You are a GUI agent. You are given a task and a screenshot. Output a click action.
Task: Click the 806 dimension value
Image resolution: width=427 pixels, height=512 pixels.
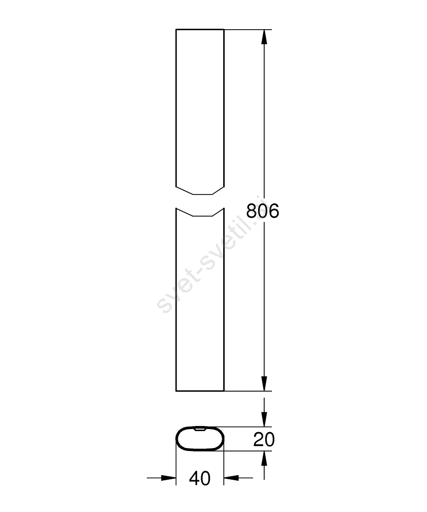pyautogui.click(x=263, y=211)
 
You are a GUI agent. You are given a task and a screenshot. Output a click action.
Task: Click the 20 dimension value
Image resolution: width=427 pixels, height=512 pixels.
pyautogui.click(x=264, y=439)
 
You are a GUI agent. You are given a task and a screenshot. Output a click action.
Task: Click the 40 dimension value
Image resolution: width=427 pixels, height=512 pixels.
pyautogui.click(x=200, y=478)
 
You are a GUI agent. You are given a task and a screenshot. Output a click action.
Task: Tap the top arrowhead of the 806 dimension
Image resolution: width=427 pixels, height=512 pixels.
pyautogui.click(x=264, y=36)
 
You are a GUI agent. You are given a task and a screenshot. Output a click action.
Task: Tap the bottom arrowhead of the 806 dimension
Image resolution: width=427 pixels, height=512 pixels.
pyautogui.click(x=264, y=383)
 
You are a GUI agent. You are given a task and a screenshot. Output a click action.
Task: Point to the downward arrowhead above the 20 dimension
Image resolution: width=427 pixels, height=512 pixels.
pyautogui.click(x=264, y=420)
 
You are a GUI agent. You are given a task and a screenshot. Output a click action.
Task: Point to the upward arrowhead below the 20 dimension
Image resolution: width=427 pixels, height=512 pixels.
pyautogui.click(x=264, y=458)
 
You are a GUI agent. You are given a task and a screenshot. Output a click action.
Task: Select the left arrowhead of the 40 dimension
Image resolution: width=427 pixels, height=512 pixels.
pyautogui.click(x=169, y=478)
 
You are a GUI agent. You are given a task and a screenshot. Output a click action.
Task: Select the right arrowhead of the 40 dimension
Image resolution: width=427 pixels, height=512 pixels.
pyautogui.click(x=231, y=478)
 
